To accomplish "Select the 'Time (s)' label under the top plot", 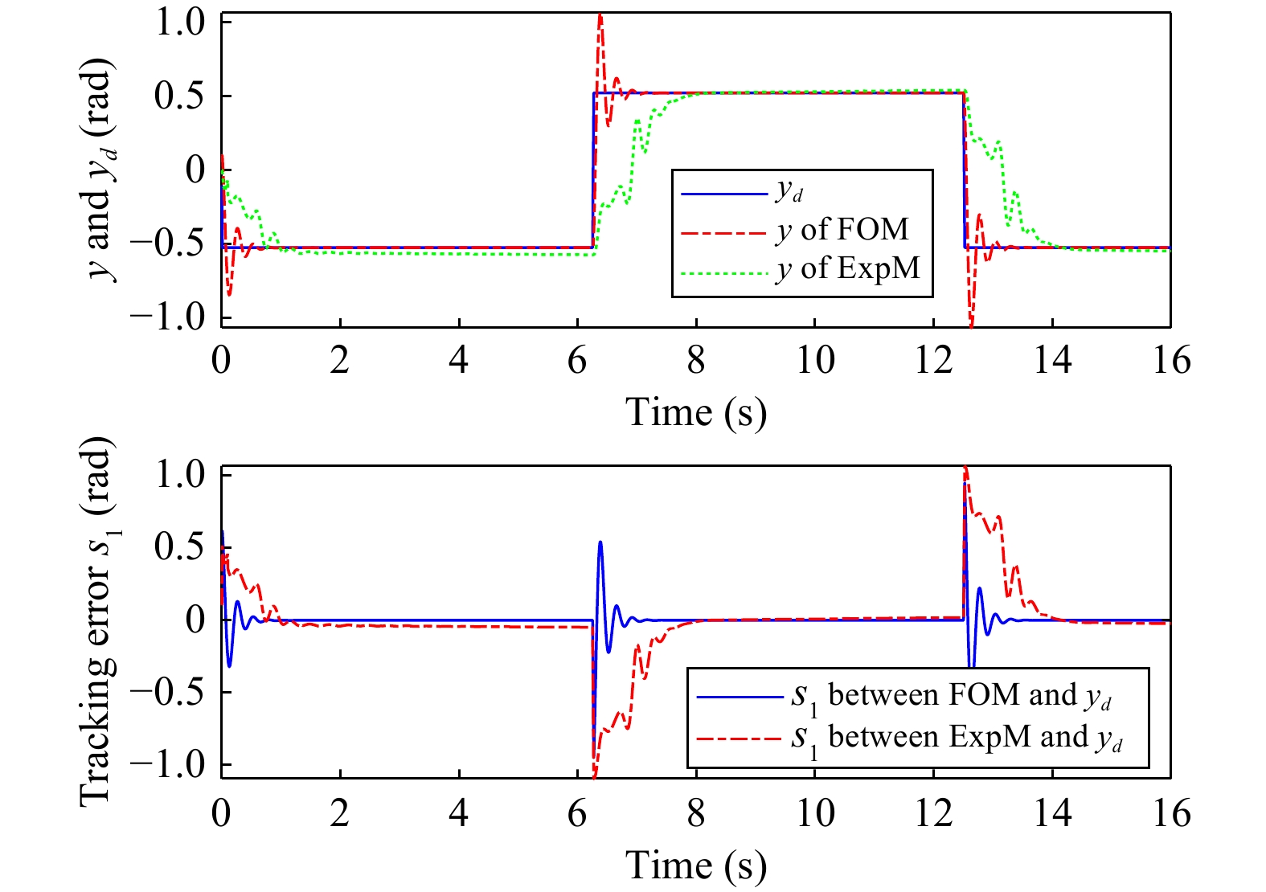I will (696, 413).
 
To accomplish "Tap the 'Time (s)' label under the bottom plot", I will (696, 866).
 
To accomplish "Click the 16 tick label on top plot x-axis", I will (1170, 361).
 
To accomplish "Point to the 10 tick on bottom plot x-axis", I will (814, 814).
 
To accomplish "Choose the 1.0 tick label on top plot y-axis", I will (180, 23).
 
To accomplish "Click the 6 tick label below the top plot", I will (577, 361).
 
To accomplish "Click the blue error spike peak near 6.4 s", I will (600, 543).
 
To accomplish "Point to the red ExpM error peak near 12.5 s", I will (965, 469).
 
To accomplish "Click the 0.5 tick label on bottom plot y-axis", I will (180, 547).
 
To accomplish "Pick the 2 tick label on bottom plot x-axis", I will (340, 814).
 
